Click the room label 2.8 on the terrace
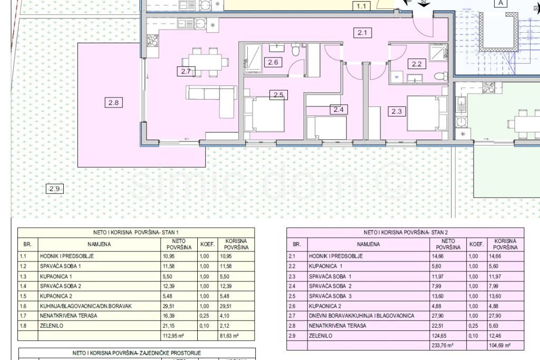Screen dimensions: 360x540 coord(113,103)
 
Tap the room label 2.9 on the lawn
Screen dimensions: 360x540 coord(54,189)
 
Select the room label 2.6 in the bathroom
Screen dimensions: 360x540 coord(274,63)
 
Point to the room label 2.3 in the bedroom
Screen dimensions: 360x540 coord(397,111)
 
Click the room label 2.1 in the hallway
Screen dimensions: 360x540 coord(362,33)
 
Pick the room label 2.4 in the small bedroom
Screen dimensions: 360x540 coord(339,110)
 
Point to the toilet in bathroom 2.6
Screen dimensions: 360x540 coord(296,51)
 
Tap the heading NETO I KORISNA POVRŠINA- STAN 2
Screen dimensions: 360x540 coord(405,232)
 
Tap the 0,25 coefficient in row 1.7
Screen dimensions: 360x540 coord(205,316)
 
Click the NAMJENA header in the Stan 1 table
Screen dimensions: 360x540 coord(99,244)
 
